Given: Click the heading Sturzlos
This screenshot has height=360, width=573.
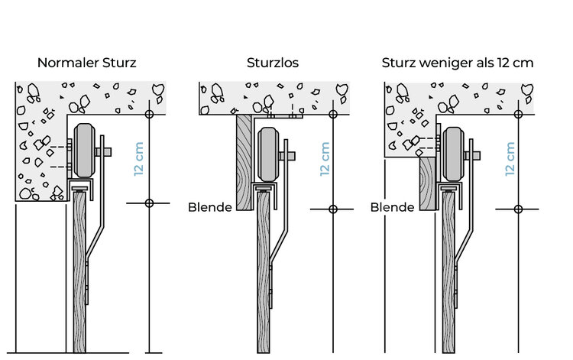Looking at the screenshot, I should pos(273,63).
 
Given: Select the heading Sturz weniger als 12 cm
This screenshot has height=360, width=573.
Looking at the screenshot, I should pos(457,63).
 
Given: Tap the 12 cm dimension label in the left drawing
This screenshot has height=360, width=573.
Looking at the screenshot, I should pos(139,159).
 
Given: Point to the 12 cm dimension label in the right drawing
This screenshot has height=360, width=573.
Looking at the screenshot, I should pos(510,159).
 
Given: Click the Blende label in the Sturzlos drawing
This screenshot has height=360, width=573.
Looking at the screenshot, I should pos(210,206).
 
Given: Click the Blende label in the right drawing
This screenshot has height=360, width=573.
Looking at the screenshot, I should pos(392,206).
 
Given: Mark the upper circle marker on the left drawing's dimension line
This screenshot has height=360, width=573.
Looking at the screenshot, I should pos(149,114).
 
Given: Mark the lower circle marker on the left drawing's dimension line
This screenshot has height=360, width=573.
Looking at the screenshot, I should pos(149,203).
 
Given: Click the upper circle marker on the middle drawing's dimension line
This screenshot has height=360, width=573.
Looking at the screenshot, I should pos(332,115).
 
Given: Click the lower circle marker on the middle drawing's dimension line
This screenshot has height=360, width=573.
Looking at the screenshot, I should pos(332,208).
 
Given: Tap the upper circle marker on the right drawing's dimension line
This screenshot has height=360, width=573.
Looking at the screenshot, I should pos(519,115).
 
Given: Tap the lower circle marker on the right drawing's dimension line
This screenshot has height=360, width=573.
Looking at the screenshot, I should pos(519,208).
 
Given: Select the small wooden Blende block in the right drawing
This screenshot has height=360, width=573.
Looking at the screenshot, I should pos(427,183).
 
